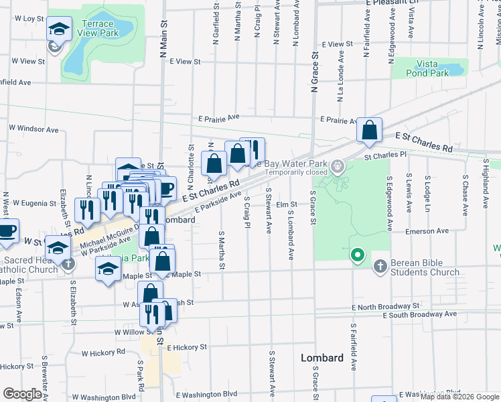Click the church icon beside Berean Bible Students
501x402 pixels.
coord(380,267)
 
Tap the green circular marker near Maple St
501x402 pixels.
coord(358,255)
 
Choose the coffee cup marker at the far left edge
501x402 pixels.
coord(7,231)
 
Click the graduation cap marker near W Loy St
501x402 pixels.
coord(59,29)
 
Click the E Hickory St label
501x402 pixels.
coord(187,348)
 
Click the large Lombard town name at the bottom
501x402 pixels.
coord(321,358)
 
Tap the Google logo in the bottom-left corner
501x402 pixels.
coord(22,394)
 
